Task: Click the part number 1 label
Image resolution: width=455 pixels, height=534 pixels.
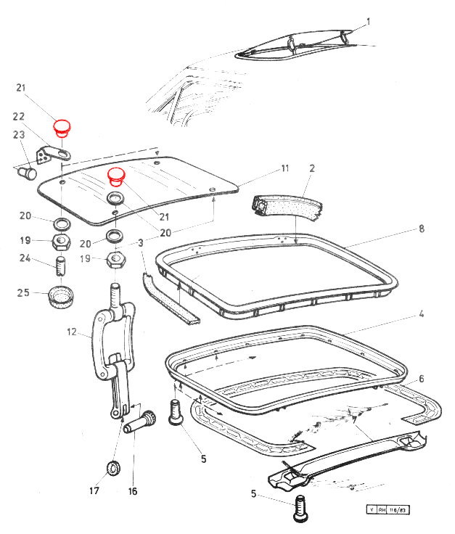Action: pos(368,22)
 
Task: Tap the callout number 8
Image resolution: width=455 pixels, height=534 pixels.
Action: pos(422,229)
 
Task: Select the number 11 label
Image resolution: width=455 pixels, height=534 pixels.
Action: pos(285,168)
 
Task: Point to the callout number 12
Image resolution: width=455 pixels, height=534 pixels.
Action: pos(72,332)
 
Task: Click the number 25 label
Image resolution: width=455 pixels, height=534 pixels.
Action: pos(23,292)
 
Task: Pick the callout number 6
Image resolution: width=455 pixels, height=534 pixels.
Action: pos(422,379)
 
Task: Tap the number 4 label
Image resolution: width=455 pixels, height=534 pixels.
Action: pos(422,313)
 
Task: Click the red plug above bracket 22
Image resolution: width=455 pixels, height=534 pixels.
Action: pos(61,128)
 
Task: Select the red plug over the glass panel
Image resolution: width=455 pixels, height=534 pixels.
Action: pos(116,177)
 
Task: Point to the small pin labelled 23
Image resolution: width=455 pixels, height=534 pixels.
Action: pos(28,173)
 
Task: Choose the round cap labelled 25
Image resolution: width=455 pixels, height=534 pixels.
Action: pos(61,297)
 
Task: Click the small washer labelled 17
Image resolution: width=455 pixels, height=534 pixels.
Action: pos(113,468)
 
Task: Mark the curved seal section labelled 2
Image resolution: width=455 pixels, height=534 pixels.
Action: pos(287,208)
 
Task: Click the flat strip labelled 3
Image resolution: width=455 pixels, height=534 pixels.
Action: pos(171,298)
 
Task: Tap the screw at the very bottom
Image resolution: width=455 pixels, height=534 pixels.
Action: pos(301,508)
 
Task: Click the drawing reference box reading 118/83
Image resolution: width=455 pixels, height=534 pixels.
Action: pos(398,510)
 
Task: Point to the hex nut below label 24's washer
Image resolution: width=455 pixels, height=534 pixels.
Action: pos(61,242)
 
